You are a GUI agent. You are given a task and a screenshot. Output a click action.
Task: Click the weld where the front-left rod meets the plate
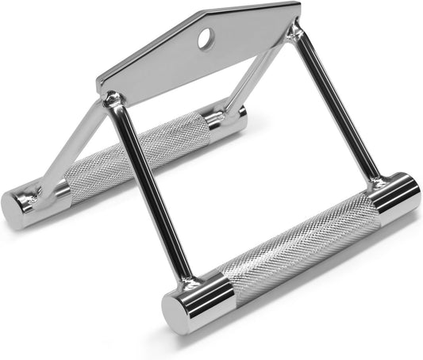click(x=113, y=101)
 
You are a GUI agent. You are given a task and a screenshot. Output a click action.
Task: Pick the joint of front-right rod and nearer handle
click(x=372, y=190)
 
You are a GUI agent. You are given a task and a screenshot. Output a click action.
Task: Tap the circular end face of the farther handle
click(x=14, y=209)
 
